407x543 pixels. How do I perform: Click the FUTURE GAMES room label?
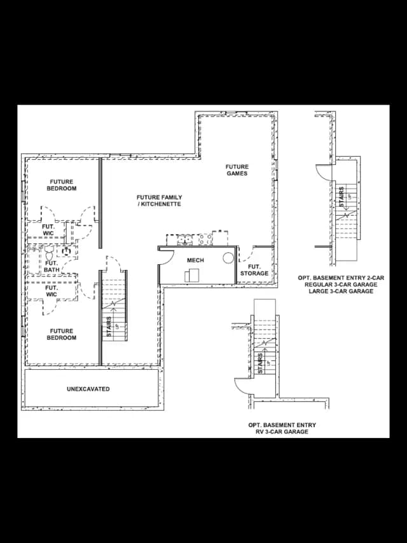coord(237,170)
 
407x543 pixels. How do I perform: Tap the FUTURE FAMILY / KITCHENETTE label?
coord(159,201)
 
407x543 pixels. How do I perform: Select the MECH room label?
coord(195,260)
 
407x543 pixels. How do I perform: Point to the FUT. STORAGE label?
coord(254,270)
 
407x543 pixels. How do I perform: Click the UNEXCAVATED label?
coord(88,389)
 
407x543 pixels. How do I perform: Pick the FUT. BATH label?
coord(52,266)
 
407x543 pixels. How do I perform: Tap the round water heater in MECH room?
coord(228,258)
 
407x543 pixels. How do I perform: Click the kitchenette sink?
coord(185,239)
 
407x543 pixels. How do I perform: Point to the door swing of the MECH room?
coord(165,256)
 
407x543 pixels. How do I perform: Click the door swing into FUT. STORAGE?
coord(246,254)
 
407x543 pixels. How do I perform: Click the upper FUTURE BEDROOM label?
coord(62,185)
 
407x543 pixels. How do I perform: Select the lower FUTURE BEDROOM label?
coord(62,334)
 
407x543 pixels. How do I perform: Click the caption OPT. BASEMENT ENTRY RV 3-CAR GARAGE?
coord(282,428)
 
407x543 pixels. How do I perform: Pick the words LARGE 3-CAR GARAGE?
coord(341,292)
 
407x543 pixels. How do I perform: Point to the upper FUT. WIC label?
coord(48,230)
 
